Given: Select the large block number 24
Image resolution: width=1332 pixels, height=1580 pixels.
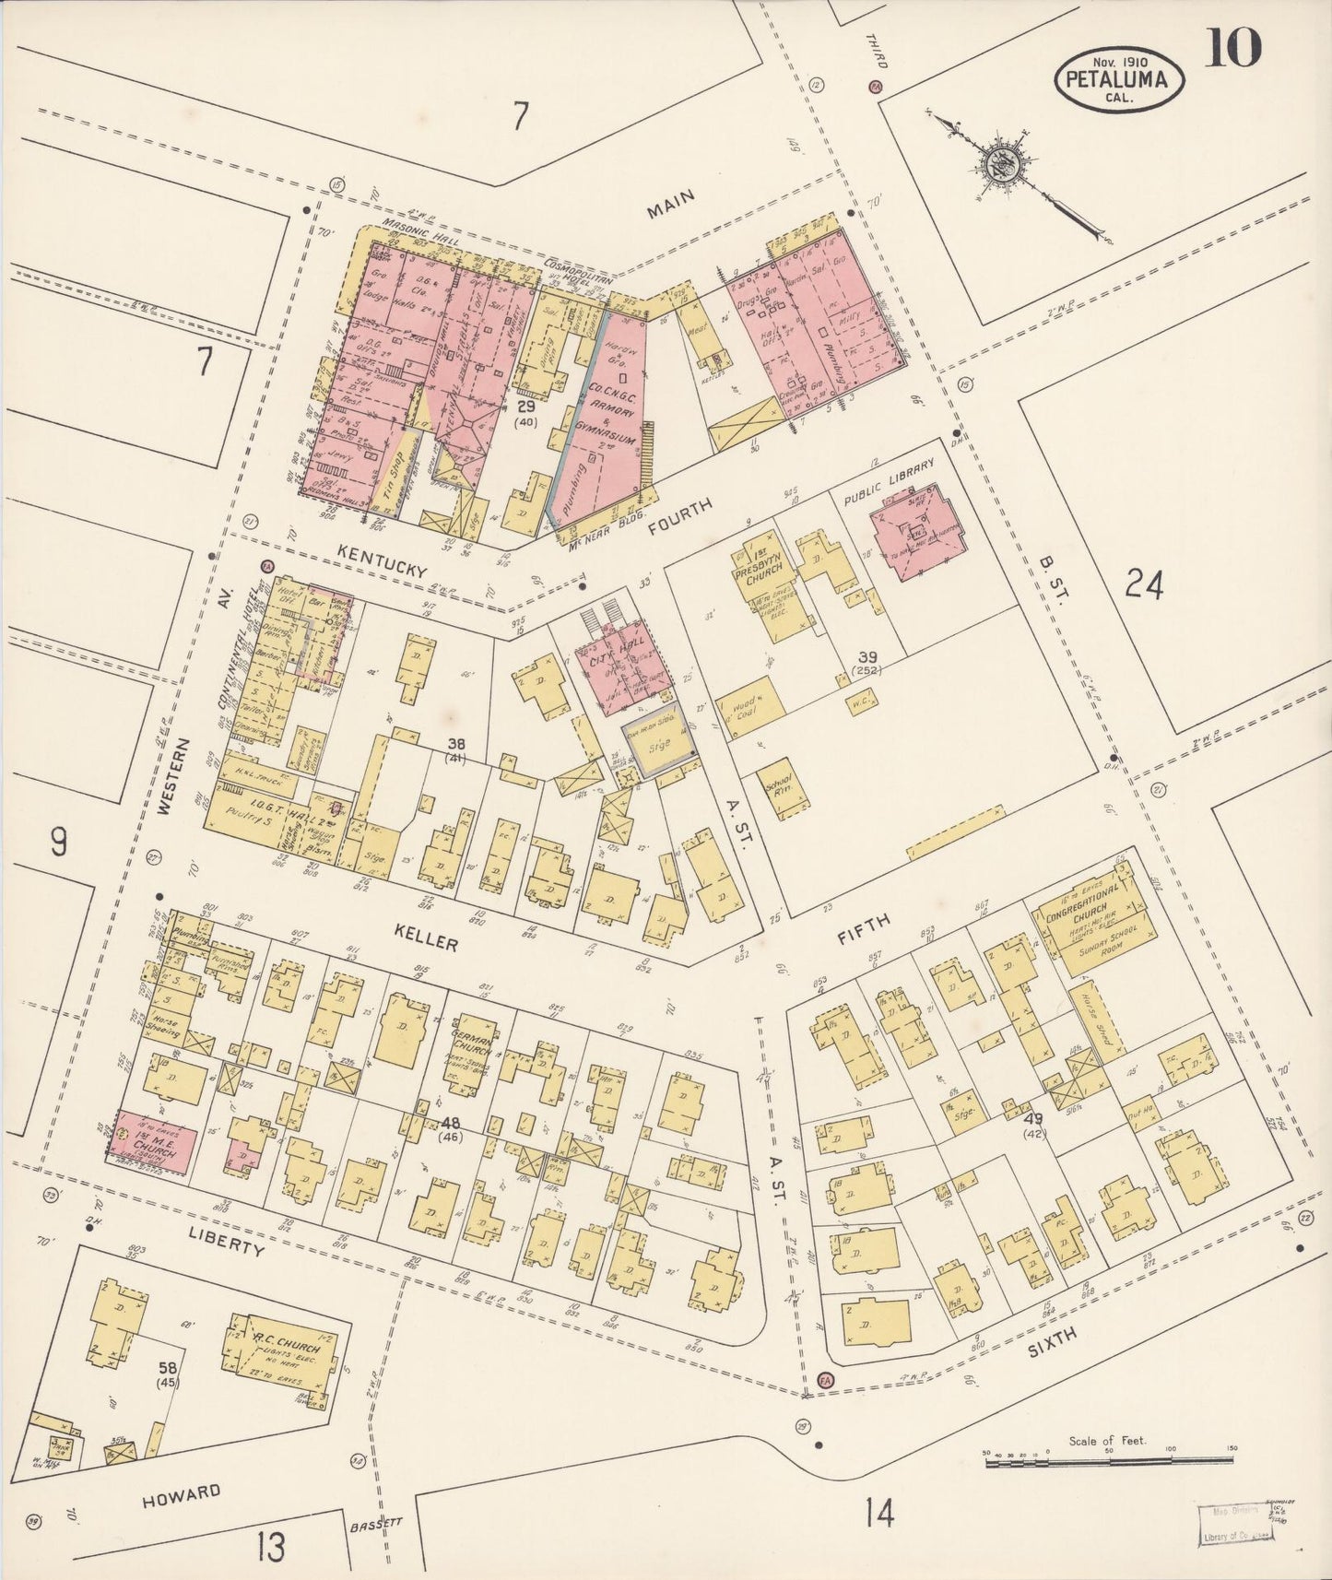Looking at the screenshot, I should [x=1143, y=584].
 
